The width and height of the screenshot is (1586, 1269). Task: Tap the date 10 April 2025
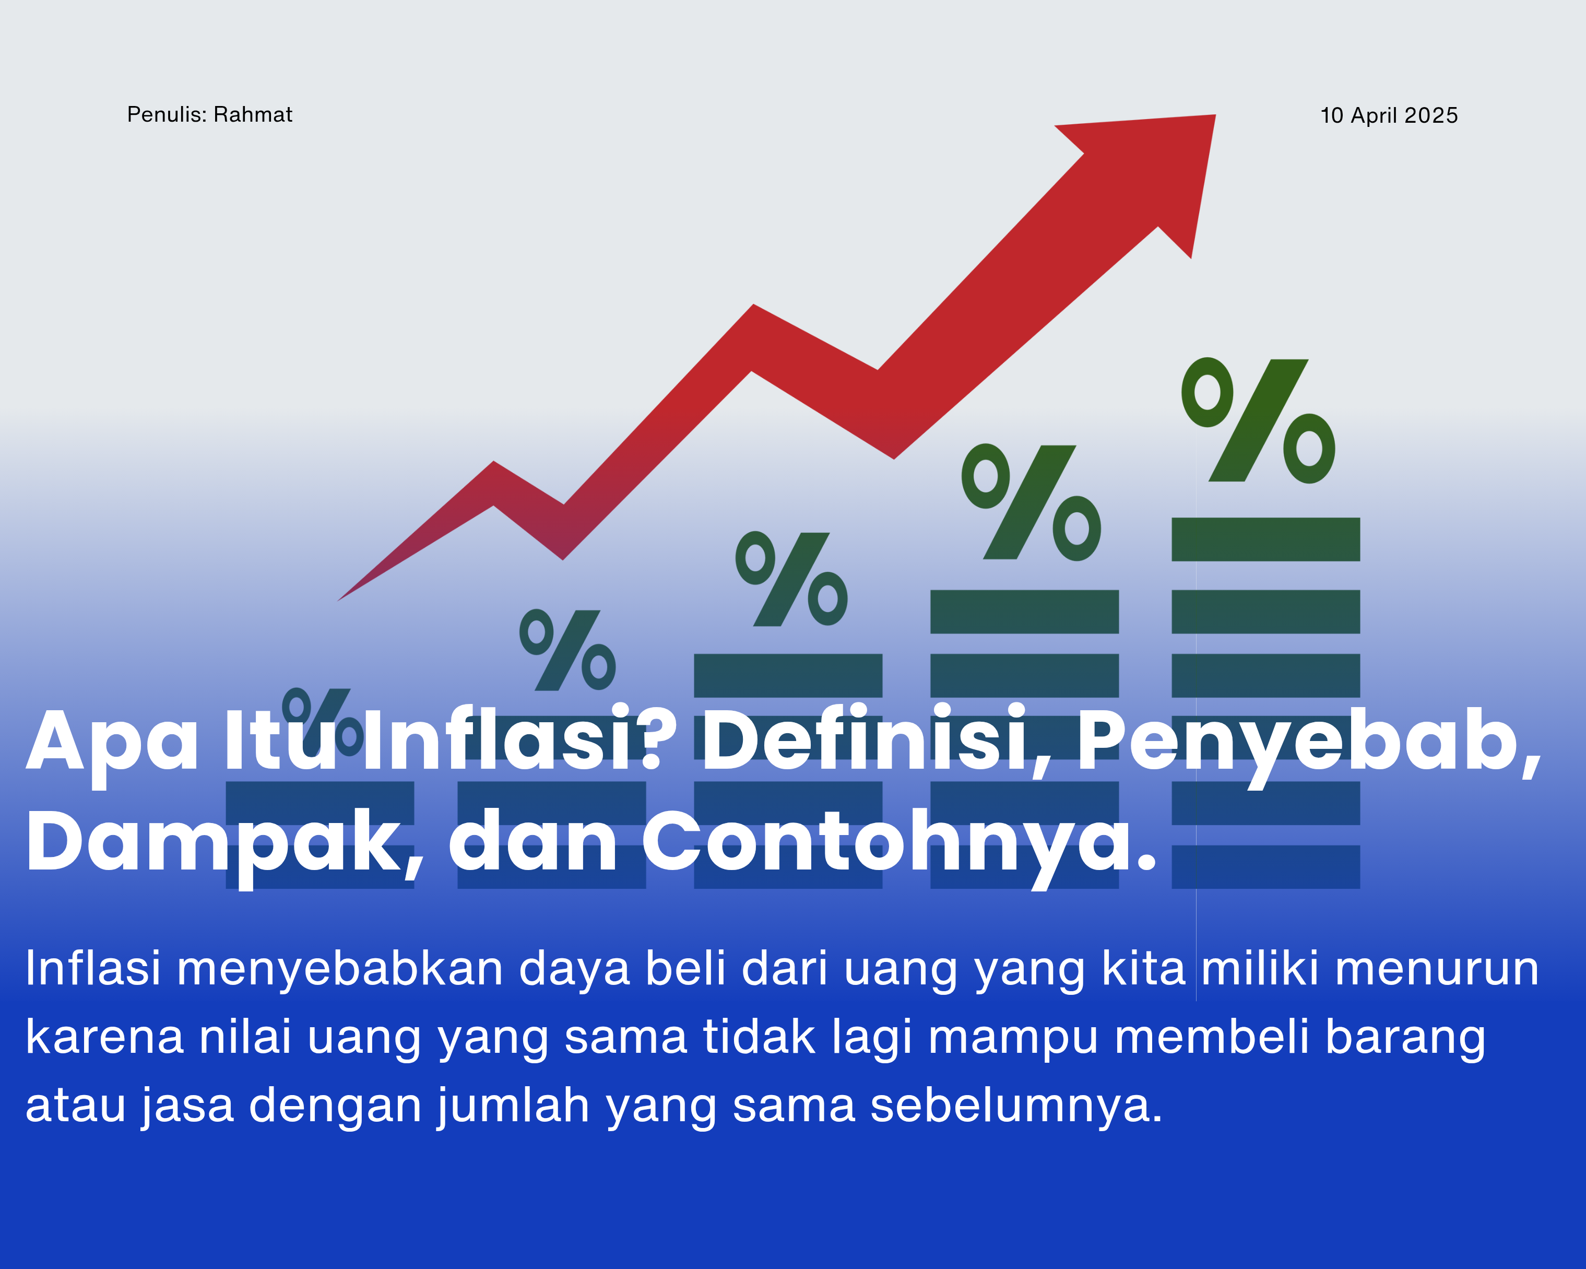[x=1389, y=115]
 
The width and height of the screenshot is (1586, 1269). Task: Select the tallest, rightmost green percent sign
[x=1258, y=421]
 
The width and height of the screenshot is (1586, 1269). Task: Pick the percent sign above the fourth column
[x=1031, y=502]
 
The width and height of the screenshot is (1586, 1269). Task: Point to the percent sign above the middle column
[x=791, y=579]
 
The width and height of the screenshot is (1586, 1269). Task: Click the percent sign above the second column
[x=567, y=650]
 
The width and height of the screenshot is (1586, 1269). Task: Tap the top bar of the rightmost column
[x=1265, y=539]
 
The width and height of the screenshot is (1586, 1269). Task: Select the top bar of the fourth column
[x=1024, y=612]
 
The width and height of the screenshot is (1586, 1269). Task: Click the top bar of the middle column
[x=788, y=675]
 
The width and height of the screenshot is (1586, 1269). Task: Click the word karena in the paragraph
[x=104, y=1037]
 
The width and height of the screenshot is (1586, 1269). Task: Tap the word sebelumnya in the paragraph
[x=1016, y=1106]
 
